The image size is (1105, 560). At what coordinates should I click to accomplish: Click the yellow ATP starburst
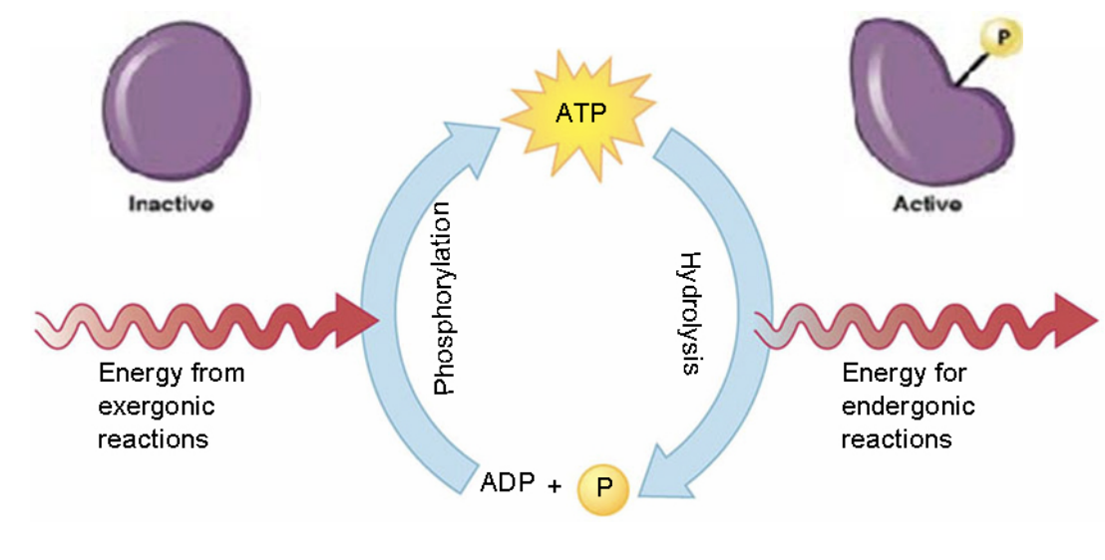579,113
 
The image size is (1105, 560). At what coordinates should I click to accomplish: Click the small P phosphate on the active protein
1001,38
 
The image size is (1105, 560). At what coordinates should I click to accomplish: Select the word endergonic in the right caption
908,407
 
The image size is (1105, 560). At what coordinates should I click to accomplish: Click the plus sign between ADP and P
553,486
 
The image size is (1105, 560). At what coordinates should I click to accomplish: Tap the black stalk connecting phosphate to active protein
966,68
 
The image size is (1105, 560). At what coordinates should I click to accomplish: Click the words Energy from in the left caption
171,374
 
